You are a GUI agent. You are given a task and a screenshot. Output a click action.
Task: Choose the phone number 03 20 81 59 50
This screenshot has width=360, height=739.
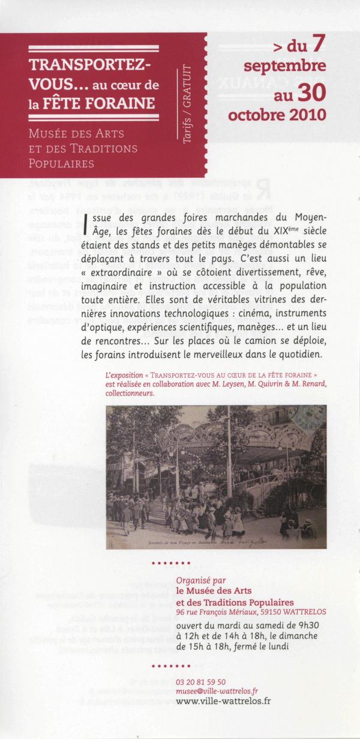(x=201, y=681)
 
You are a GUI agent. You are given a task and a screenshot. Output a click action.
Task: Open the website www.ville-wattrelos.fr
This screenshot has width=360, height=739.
(x=223, y=701)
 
